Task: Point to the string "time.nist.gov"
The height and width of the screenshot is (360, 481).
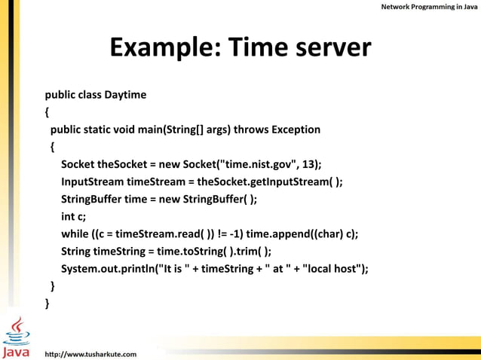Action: (259, 164)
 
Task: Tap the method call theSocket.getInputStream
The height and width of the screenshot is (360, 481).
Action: (265, 182)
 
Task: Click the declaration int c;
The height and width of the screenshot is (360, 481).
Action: (73, 216)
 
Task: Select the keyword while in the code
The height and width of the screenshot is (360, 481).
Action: (75, 233)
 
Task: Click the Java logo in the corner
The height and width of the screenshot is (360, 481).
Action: (17, 337)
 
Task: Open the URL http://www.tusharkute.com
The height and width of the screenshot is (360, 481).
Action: (91, 352)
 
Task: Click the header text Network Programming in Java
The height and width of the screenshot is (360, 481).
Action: (427, 7)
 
